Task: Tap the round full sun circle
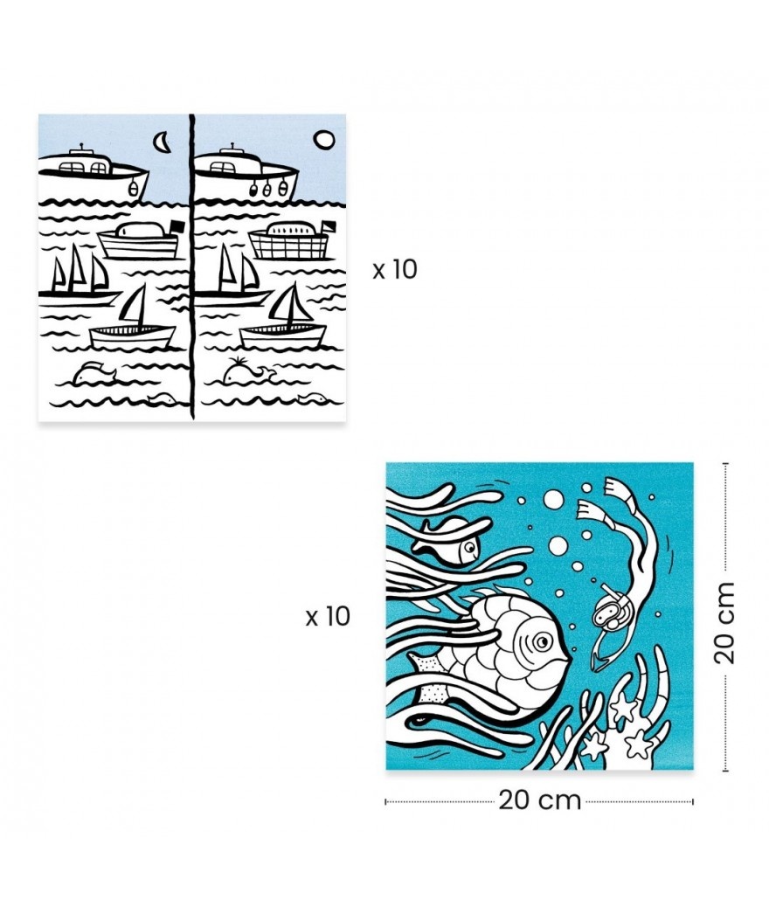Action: click(x=323, y=140)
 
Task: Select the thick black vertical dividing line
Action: click(x=191, y=267)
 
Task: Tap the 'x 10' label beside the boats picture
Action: click(x=395, y=269)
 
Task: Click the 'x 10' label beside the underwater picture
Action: click(x=328, y=617)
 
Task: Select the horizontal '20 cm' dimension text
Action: click(x=539, y=800)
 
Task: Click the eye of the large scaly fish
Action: click(x=542, y=640)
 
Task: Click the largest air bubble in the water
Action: click(x=553, y=499)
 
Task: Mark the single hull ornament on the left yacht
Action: click(x=133, y=187)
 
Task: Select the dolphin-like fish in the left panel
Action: click(x=94, y=372)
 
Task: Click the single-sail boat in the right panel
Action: click(x=283, y=317)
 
